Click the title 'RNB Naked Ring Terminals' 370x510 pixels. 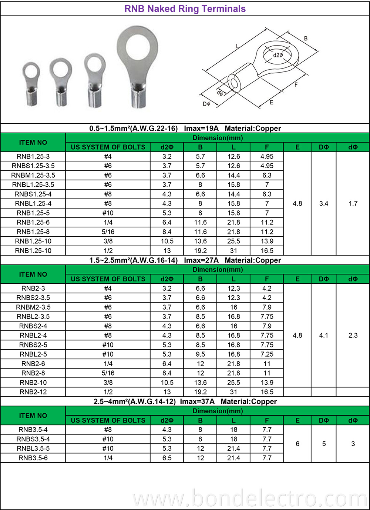coord(185,9)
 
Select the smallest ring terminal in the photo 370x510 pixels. coord(31,83)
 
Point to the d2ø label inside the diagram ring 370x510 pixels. coord(278,55)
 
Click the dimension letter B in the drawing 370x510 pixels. coord(306,39)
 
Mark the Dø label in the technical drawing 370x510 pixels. coord(206,104)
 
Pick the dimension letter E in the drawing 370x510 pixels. coord(271,102)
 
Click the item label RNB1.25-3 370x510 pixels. coord(33,157)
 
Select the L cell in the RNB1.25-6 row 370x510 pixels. coord(233,223)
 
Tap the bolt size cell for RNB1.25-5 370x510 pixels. coord(108,213)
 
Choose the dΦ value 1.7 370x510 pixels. coord(353,203)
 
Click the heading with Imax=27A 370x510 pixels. coord(185,260)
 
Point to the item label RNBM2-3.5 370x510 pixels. coord(33,307)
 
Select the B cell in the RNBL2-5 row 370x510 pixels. coord(200,354)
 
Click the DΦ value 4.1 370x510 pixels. coord(324,336)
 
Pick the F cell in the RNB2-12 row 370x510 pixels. coord(267,392)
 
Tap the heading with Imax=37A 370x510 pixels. coord(185,402)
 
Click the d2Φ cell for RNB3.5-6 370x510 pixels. coord(167,458)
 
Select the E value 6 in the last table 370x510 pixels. coord(297,444)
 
